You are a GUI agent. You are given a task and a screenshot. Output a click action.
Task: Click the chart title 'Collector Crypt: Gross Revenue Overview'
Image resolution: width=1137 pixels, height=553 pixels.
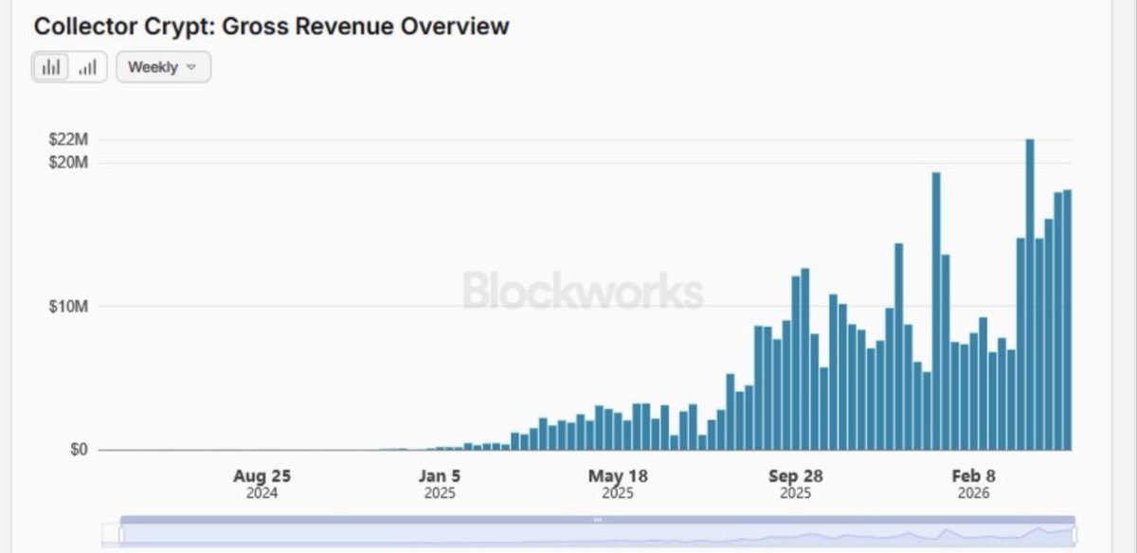pyautogui.click(x=271, y=26)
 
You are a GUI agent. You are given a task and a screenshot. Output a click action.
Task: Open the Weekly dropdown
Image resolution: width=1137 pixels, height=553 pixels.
pyautogui.click(x=163, y=67)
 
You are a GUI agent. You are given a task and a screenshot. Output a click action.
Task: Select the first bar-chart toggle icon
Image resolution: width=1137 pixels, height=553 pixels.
pyautogui.click(x=51, y=67)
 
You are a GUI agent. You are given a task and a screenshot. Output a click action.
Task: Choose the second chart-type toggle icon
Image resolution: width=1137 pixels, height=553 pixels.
pyautogui.click(x=87, y=67)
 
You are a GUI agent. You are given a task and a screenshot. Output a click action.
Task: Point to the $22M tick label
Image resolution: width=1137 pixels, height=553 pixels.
pyautogui.click(x=68, y=140)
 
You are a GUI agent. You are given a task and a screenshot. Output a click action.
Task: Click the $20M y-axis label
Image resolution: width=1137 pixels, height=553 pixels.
pyautogui.click(x=68, y=163)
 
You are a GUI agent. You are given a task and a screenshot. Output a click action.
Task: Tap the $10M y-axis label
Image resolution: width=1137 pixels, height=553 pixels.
pyautogui.click(x=68, y=307)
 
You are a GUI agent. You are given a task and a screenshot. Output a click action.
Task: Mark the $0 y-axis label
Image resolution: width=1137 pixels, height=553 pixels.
pyautogui.click(x=79, y=450)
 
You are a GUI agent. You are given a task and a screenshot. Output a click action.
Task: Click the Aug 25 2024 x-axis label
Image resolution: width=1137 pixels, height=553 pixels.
pyautogui.click(x=262, y=483)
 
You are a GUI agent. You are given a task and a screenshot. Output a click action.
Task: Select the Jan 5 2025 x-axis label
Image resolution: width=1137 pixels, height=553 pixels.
pyautogui.click(x=440, y=483)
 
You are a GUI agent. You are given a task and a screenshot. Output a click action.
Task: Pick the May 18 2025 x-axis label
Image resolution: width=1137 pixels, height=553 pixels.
pyautogui.click(x=617, y=483)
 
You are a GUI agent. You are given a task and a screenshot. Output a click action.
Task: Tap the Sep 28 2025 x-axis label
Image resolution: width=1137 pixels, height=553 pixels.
pyautogui.click(x=795, y=483)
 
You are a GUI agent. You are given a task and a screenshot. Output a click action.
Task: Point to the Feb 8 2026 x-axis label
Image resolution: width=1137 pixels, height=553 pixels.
pyautogui.click(x=973, y=483)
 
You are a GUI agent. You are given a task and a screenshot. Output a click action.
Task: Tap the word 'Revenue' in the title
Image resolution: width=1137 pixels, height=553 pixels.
pyautogui.click(x=342, y=26)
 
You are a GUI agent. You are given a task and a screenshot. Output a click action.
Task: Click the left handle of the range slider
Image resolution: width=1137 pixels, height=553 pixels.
pyautogui.click(x=121, y=534)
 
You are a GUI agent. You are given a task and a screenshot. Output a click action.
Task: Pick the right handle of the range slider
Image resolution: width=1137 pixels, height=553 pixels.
pyautogui.click(x=1074, y=534)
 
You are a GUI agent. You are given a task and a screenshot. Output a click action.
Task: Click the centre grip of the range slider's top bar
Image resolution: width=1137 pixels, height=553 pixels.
pyautogui.click(x=598, y=520)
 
